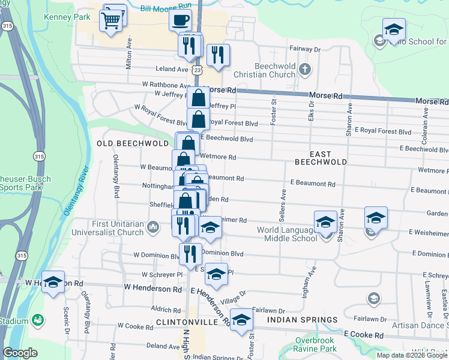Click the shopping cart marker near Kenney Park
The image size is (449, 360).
pyautogui.click(x=111, y=21)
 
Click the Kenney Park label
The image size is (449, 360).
pyautogui.click(x=67, y=17)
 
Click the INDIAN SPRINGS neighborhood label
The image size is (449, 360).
pyautogui.click(x=298, y=320)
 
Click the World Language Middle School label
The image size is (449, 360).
pyautogui.click(x=287, y=234)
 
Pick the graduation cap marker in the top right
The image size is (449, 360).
pyautogui.click(x=394, y=30)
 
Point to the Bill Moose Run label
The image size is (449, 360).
pyautogui.click(x=165, y=7)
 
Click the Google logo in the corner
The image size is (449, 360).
pyautogui.click(x=21, y=353)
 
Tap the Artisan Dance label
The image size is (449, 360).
pyautogui.click(x=421, y=325)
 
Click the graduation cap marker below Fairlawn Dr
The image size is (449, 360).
pyautogui.click(x=242, y=320)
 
